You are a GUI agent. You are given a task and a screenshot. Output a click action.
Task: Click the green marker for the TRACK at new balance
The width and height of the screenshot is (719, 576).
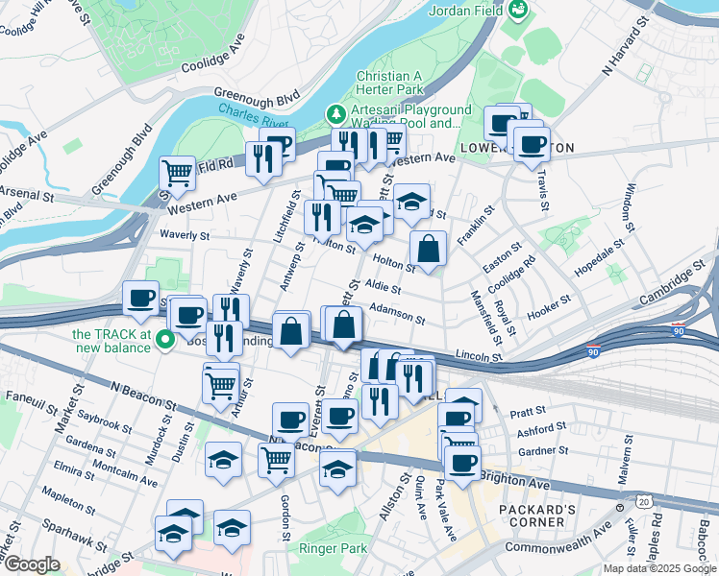point(164,337)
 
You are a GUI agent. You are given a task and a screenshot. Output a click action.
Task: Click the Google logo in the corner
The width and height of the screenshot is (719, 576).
point(32,564)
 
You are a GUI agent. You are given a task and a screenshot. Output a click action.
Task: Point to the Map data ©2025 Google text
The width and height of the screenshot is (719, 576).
point(658,568)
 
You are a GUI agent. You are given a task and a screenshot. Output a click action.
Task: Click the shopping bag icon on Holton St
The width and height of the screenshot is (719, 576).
point(428,250)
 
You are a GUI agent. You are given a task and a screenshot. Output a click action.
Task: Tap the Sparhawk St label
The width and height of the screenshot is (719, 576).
point(75,535)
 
